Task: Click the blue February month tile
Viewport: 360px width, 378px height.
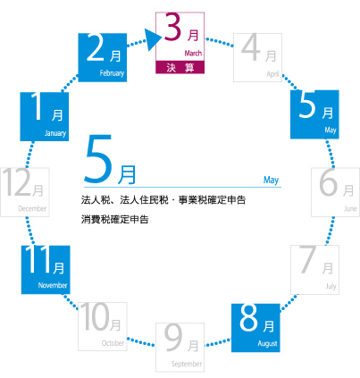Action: coord(103,57)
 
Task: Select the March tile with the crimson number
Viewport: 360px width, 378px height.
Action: coord(180,43)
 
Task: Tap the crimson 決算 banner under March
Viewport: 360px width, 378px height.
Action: coord(180,67)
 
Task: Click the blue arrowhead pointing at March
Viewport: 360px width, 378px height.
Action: coord(154,39)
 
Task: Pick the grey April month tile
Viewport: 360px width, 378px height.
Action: coord(257,57)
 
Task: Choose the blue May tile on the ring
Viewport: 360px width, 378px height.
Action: coord(314,114)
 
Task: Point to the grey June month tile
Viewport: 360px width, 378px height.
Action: coord(336,192)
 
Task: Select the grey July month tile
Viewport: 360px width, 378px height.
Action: coord(314,270)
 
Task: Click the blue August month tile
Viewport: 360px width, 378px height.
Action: coord(255,328)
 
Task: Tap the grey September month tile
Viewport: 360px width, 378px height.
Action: coord(180,348)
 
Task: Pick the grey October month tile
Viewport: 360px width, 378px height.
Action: coord(103,326)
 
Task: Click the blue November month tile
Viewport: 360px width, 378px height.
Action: coord(46,270)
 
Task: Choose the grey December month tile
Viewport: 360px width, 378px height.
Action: coord(25,192)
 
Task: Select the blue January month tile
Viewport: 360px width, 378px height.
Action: coord(45,116)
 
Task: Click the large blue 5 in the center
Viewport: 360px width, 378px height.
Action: coord(98,159)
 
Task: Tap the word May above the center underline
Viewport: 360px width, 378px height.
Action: coord(271,180)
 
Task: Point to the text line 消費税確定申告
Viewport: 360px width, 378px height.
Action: coord(114,220)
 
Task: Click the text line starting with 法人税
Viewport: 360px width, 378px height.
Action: coord(163,200)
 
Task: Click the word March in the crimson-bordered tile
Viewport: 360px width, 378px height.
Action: coord(193,54)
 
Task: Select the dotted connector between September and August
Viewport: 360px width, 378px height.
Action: coord(218,342)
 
